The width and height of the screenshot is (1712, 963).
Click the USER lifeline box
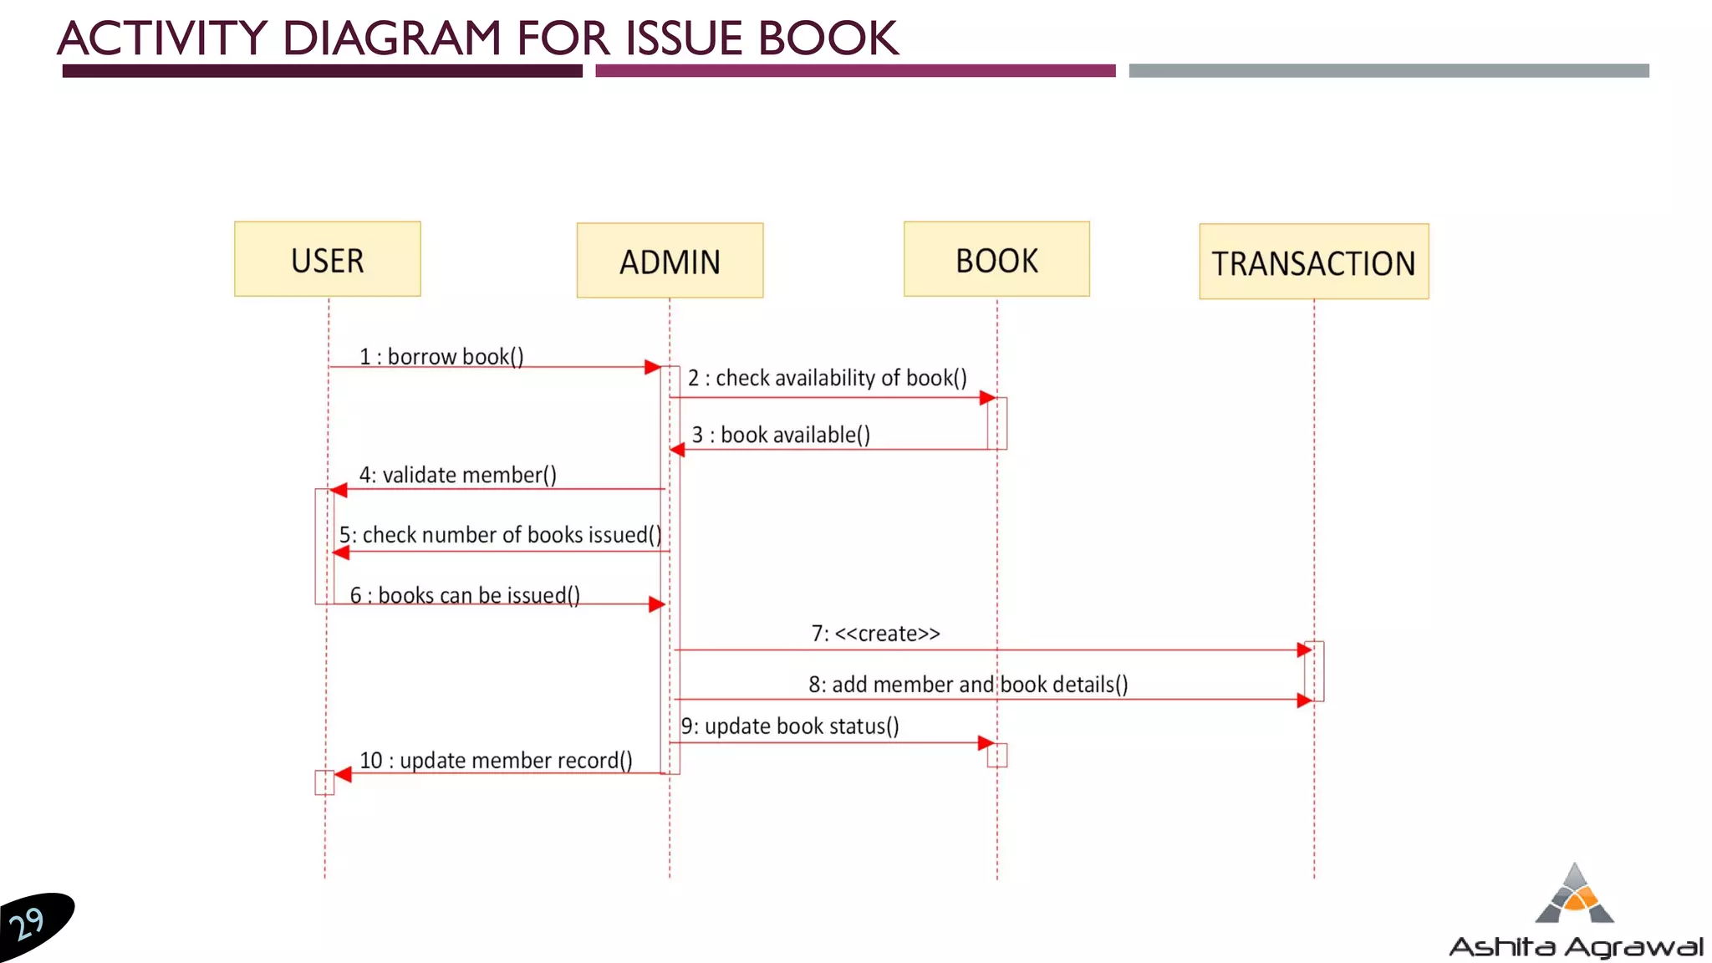tap(327, 259)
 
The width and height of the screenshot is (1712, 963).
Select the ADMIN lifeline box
tap(670, 261)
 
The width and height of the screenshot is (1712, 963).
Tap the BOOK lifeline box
tap(996, 259)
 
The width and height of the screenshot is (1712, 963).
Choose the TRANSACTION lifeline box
tap(1313, 262)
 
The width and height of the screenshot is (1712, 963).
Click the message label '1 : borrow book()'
tap(441, 357)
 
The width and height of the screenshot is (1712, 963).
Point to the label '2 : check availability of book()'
tap(827, 378)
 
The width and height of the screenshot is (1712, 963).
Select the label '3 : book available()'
tap(781, 435)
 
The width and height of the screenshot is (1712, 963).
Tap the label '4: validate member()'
tap(457, 475)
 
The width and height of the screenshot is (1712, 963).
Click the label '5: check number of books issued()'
tap(500, 535)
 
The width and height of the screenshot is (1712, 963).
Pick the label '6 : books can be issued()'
tap(465, 595)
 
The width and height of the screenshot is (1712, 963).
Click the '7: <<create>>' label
tap(875, 634)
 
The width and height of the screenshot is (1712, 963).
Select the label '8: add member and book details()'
tap(968, 685)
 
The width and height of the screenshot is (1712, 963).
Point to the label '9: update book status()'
tap(790, 726)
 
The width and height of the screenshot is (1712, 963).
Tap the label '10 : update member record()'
tap(496, 761)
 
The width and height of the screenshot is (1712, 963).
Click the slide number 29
tap(27, 924)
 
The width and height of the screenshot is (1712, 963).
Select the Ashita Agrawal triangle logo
tap(1575, 894)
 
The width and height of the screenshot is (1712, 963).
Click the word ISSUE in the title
tap(684, 38)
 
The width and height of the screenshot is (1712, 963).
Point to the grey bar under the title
tap(1388, 71)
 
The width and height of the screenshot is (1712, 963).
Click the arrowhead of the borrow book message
tap(653, 367)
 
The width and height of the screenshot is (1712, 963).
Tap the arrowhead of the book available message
tap(677, 450)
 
